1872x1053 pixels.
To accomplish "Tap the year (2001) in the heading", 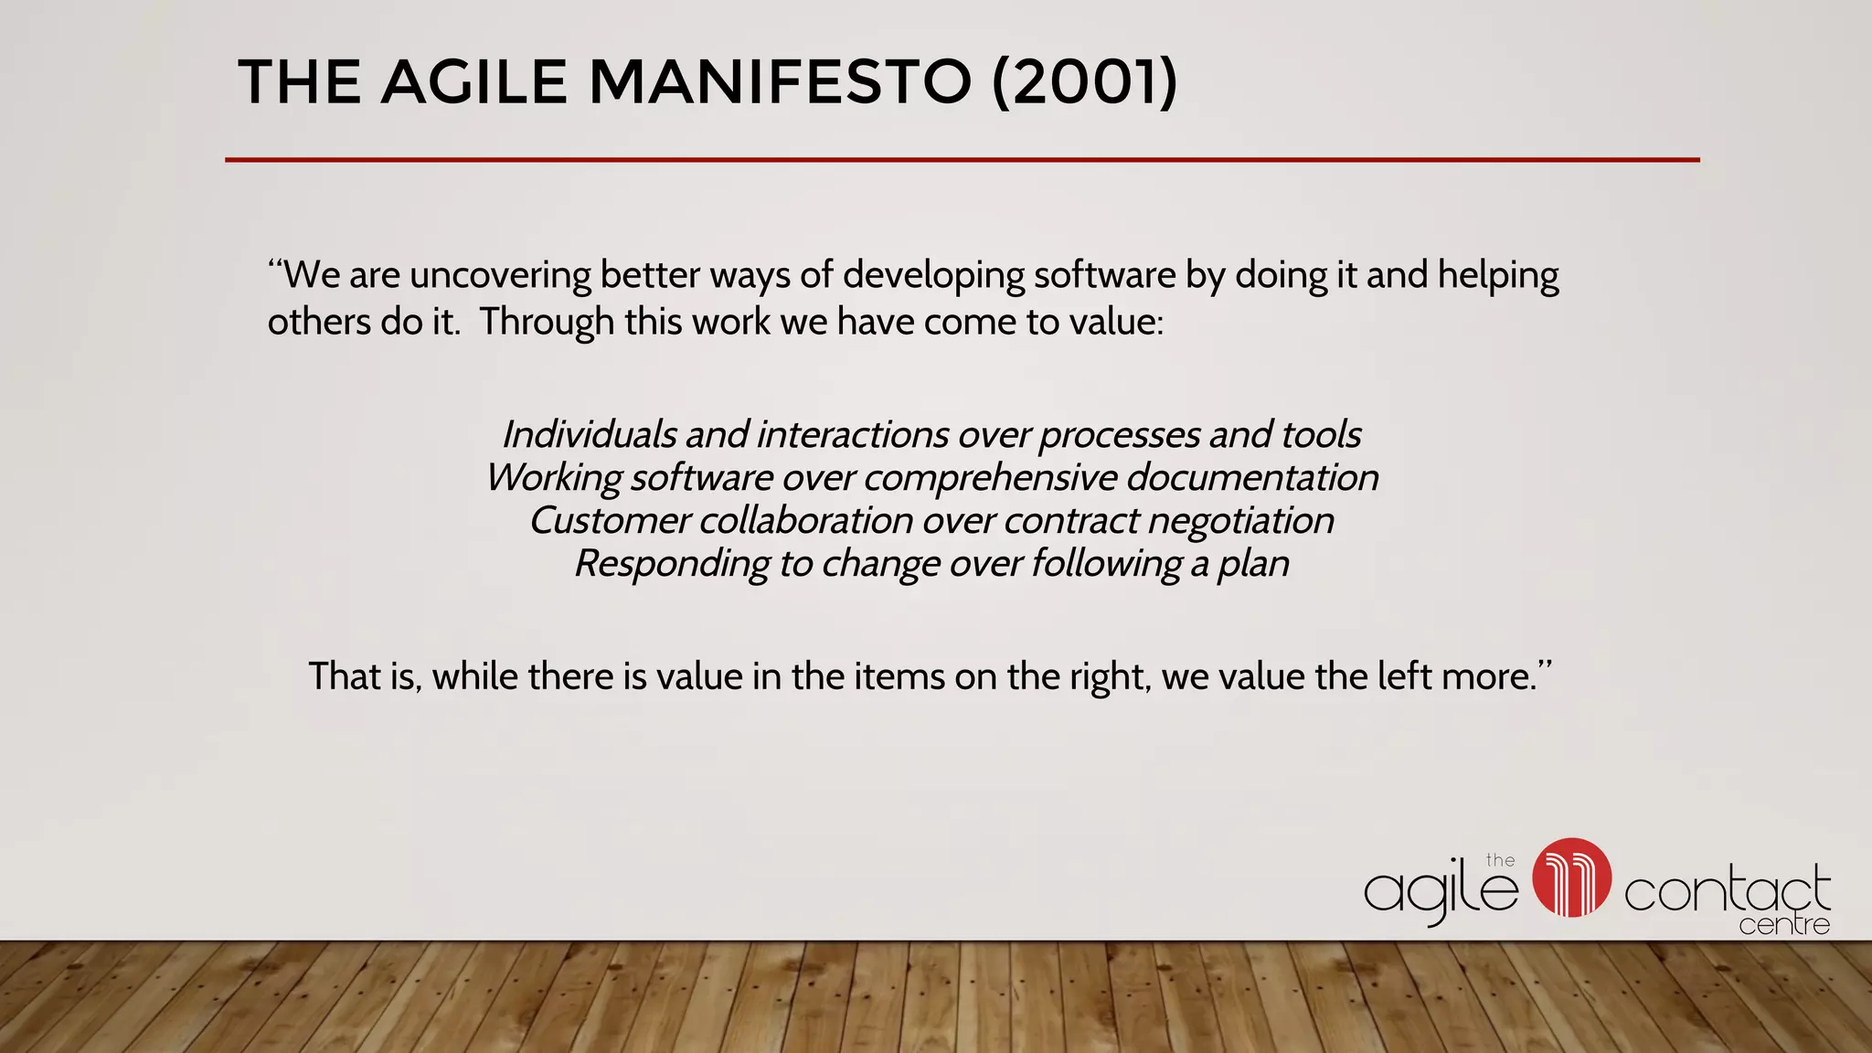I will (1085, 82).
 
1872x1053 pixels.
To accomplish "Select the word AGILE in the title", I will (475, 82).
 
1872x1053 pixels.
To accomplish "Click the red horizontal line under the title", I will (962, 160).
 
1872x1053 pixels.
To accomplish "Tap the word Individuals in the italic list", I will (589, 434).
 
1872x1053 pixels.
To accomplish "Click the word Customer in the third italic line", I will (609, 520).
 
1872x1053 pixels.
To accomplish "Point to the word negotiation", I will (1240, 521).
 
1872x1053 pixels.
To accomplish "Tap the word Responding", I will (672, 564).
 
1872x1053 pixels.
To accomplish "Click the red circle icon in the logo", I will (1571, 877).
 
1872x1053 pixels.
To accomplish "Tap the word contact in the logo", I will (1727, 891).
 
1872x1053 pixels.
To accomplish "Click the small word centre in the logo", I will (1783, 925).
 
